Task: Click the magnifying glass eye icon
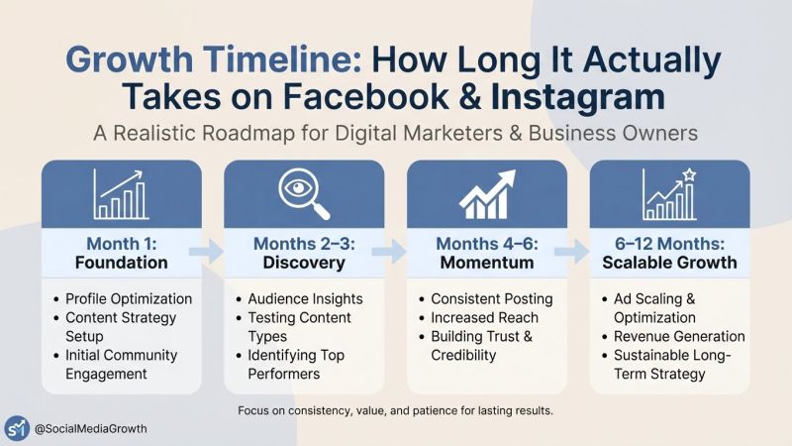click(304, 193)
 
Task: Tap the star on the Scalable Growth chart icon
click(689, 175)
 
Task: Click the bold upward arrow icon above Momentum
click(487, 194)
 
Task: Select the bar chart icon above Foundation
click(121, 194)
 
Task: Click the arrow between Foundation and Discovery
click(206, 252)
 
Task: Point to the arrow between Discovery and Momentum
click(389, 252)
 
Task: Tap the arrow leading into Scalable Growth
click(572, 252)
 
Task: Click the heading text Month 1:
click(122, 244)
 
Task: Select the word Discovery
click(304, 263)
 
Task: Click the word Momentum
click(487, 263)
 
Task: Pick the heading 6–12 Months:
click(670, 244)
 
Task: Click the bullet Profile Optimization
click(129, 299)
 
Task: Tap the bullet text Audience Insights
click(306, 299)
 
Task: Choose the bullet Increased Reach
click(484, 317)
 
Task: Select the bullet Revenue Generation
click(679, 336)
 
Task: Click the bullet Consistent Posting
click(492, 299)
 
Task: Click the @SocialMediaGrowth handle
click(91, 429)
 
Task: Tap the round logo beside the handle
click(17, 428)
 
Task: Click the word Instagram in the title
click(578, 96)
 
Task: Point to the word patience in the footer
click(436, 410)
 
